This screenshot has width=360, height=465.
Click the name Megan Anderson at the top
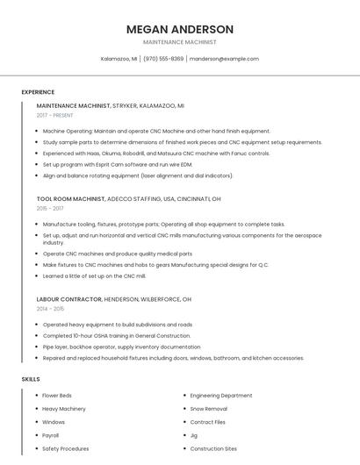tap(179, 29)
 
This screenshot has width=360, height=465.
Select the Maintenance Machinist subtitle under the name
tap(179, 42)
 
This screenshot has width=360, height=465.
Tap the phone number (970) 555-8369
tap(163, 59)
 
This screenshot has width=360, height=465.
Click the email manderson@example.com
tap(224, 59)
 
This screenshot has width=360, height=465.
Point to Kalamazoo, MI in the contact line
tap(119, 59)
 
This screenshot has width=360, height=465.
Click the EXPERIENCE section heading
tap(38, 92)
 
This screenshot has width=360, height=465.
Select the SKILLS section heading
tap(31, 379)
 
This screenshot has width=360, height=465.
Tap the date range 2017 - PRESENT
tap(56, 115)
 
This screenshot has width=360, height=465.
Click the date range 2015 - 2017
tap(50, 208)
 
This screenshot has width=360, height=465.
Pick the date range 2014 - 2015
tap(50, 309)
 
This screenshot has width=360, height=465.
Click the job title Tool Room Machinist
tap(72, 198)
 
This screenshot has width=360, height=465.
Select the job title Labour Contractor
tap(68, 299)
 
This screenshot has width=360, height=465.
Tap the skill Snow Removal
tap(209, 409)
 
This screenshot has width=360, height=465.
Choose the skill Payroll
tap(51, 435)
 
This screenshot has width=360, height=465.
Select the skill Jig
tap(193, 435)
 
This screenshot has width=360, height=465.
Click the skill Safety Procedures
tap(66, 448)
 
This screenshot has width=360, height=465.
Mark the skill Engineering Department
tap(221, 396)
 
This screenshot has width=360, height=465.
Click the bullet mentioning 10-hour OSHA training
tap(116, 335)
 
